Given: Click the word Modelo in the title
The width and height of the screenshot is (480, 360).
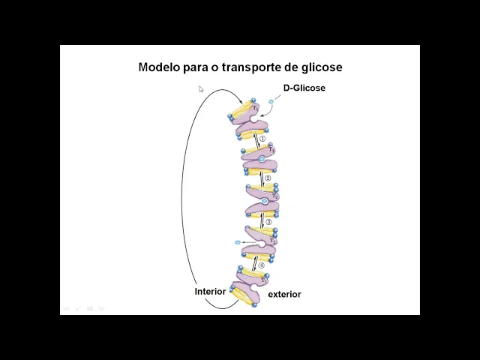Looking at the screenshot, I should click(158, 67).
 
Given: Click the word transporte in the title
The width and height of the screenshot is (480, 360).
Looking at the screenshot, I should click(244, 67).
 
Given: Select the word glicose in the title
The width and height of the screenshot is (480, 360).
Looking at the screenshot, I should click(319, 67).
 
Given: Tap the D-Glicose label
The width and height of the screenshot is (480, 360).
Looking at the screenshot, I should click(304, 88).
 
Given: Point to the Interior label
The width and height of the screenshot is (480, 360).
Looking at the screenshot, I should click(210, 291).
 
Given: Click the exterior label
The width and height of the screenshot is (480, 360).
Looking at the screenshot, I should click(284, 294).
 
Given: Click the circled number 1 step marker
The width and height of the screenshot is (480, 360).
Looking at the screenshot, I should click(262, 139).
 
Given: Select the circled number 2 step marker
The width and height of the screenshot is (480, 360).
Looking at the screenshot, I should click(268, 179).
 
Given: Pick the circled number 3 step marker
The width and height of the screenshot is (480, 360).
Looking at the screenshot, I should click(268, 222).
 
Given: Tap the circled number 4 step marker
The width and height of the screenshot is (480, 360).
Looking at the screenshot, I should click(261, 265).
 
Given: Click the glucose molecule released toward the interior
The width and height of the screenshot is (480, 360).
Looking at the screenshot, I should click(238, 243).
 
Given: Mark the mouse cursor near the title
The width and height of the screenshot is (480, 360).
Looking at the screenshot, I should click(200, 88).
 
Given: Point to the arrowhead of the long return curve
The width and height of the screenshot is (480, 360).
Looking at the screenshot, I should click(240, 103).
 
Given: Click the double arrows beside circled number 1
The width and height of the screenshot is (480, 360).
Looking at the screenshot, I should click(255, 139).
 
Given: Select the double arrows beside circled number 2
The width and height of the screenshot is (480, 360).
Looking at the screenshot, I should click(261, 180).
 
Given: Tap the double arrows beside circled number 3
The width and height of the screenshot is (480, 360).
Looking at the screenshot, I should click(261, 222).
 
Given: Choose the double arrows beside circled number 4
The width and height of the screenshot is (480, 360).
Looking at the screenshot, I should click(254, 265).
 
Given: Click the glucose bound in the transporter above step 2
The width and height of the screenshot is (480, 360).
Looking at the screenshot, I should click(262, 159).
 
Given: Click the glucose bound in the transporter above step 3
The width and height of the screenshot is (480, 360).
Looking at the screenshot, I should click(264, 202).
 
